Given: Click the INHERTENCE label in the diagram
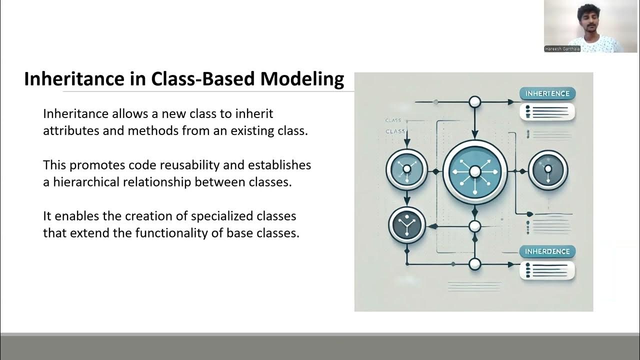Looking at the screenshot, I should tap(547, 93).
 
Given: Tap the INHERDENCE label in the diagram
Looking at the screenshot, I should tap(547, 251).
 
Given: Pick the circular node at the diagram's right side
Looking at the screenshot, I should tap(547, 170).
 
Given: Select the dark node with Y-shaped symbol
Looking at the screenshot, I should tap(406, 225).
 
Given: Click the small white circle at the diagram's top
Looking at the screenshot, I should tap(474, 102).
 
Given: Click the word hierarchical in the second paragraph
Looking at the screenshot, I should tap(83, 182).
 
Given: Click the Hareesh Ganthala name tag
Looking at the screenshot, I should tap(562, 49).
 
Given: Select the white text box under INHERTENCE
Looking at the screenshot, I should tap(547, 111).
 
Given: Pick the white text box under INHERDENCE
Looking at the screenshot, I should tap(547, 270).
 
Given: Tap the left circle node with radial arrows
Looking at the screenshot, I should tap(406, 169).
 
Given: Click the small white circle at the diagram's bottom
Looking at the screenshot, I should tap(474, 264).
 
